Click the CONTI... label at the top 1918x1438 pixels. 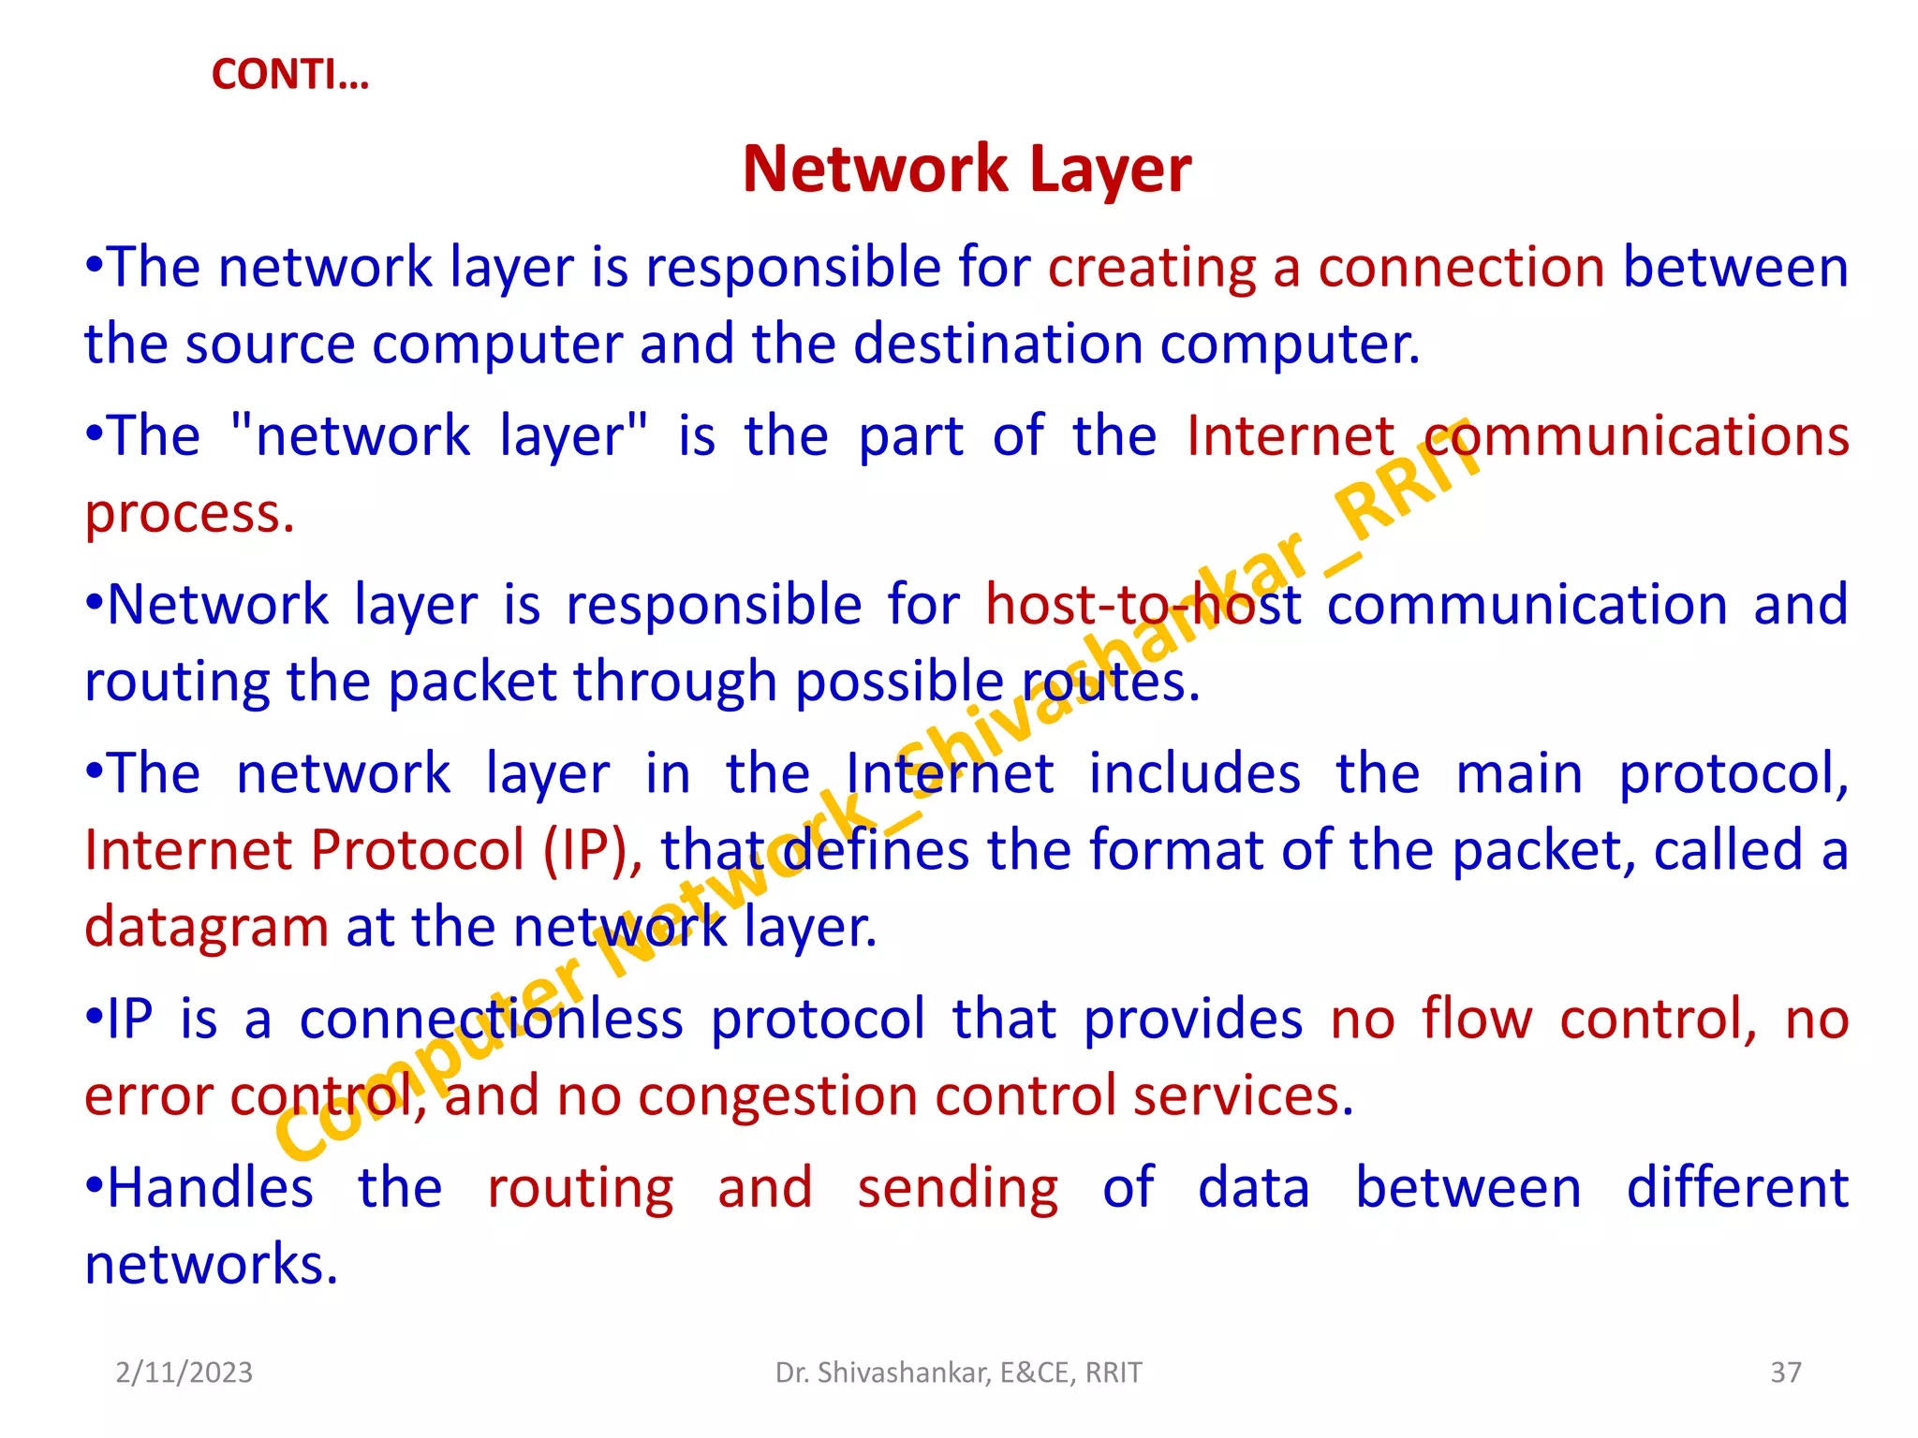pyautogui.click(x=290, y=75)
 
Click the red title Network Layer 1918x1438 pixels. pyautogui.click(x=966, y=169)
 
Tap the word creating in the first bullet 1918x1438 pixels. pyautogui.click(x=1151, y=269)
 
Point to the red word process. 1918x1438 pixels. pyautogui.click(x=188, y=515)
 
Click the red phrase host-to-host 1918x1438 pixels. pyautogui.click(x=1143, y=606)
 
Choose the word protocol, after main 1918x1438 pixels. pyautogui.click(x=1734, y=776)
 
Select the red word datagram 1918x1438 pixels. pyautogui.click(x=206, y=929)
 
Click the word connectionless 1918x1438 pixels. pyautogui.click(x=491, y=1020)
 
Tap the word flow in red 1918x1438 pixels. pyautogui.click(x=1477, y=1020)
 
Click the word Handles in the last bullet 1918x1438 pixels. pyautogui.click(x=210, y=1189)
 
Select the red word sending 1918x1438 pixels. pyautogui.click(x=957, y=1189)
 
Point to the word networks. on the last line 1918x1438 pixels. pyautogui.click(x=211, y=1266)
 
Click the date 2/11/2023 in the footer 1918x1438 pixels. pyautogui.click(x=184, y=1372)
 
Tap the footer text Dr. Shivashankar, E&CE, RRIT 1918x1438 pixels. pyautogui.click(x=958, y=1372)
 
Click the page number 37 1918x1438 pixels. pyautogui.click(x=1785, y=1372)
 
